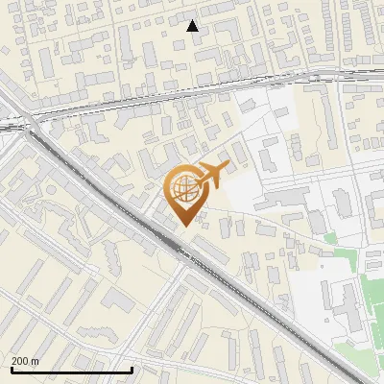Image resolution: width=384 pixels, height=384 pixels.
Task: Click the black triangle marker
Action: pyautogui.click(x=193, y=26)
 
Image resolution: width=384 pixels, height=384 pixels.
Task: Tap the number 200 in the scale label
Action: pyautogui.click(x=20, y=361)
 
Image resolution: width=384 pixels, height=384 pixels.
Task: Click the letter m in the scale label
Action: pyautogui.click(x=36, y=361)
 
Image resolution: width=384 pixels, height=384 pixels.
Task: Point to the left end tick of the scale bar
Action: pyautogui.click(x=12, y=369)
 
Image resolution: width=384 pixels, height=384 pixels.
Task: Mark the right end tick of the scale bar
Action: pyautogui.click(x=132, y=369)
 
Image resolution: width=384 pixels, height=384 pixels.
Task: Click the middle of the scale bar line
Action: pyautogui.click(x=72, y=371)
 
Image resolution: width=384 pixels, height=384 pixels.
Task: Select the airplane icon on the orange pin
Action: pyautogui.click(x=211, y=177)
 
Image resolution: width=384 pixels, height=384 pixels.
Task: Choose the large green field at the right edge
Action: pyautogui.click(x=374, y=307)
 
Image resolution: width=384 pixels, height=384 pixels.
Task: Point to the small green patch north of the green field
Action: pyautogui.click(x=332, y=237)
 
